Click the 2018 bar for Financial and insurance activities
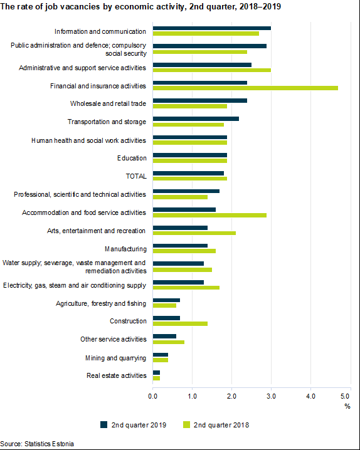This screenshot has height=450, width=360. (245, 88)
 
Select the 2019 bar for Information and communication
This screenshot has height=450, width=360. (212, 28)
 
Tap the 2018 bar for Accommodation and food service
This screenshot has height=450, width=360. (209, 215)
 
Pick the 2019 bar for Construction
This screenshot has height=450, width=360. (166, 318)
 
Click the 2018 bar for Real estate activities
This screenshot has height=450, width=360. (156, 379)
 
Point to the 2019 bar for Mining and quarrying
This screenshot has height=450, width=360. (160, 355)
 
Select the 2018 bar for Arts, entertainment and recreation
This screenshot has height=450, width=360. (194, 233)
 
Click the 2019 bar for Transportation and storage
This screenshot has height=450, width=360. (196, 119)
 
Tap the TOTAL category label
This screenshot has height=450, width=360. (136, 176)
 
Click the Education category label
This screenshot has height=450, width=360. (132, 158)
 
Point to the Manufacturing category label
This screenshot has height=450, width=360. (125, 249)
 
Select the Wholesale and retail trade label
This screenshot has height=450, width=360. (109, 103)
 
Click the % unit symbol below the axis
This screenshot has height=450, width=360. (347, 406)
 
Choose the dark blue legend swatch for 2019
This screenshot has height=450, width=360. (103, 425)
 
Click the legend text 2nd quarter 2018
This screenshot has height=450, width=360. (221, 425)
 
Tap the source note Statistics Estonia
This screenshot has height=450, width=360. (49, 444)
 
